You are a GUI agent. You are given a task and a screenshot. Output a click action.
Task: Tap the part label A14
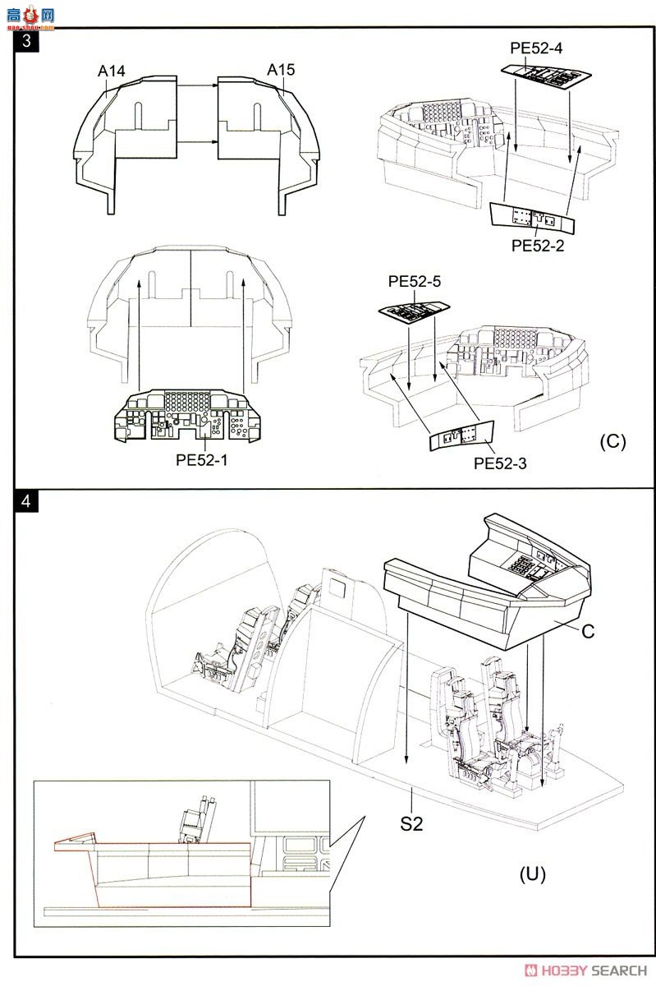point(111,71)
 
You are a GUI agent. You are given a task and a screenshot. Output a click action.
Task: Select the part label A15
point(281,70)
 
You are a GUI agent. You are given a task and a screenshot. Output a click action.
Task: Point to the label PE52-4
point(536,48)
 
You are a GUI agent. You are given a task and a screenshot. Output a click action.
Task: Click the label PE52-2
point(538,245)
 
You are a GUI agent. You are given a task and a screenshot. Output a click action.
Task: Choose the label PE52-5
point(415,282)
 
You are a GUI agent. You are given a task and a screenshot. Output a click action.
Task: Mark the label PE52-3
point(500,463)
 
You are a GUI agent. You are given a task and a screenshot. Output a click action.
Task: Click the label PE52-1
point(201,460)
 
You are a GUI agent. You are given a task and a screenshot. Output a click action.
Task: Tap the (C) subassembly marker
point(612,440)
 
